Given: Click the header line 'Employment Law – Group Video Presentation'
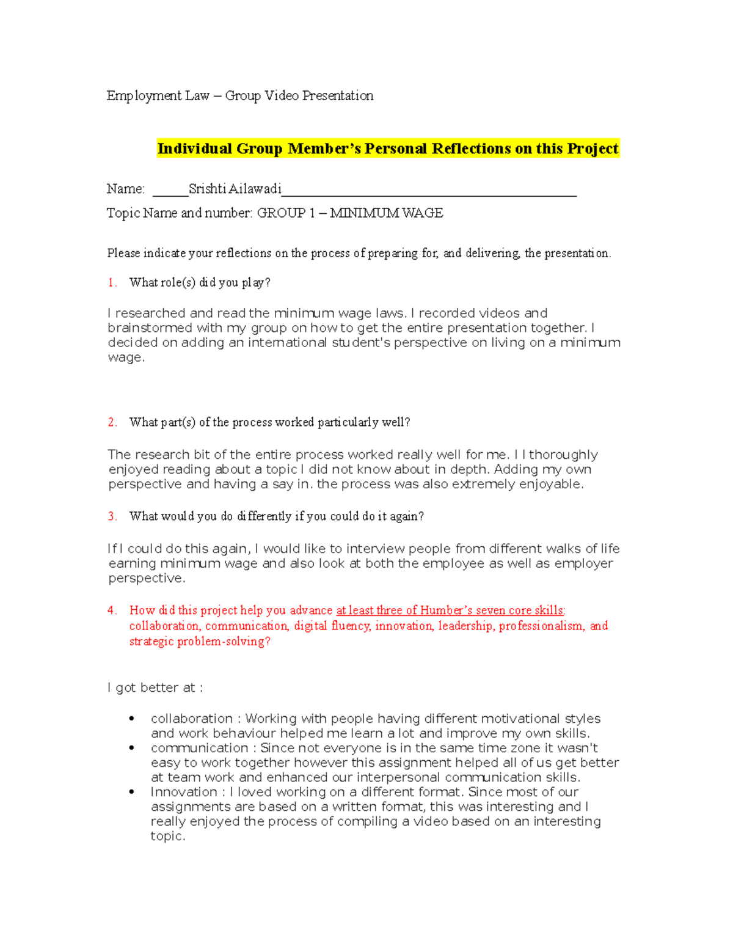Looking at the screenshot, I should (239, 96).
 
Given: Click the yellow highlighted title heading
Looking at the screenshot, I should (388, 148).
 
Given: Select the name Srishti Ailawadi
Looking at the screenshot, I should (235, 189).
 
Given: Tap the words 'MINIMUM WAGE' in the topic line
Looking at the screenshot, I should (386, 213).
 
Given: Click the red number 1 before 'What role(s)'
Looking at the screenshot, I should (112, 283).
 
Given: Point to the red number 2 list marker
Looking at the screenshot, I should (112, 422).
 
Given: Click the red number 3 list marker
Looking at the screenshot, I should (112, 516).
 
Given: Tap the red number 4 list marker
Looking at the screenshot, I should (112, 610).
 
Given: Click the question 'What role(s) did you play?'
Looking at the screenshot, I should (200, 283).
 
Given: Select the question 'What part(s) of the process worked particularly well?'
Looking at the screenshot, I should (269, 422).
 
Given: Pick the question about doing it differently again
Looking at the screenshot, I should (276, 516).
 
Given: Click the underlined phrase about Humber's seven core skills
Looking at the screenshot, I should (450, 610).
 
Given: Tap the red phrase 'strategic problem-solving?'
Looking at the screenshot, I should (200, 642).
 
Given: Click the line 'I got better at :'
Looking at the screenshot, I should (155, 688).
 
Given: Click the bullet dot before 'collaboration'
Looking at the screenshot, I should (132, 719).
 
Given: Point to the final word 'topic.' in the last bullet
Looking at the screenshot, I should (168, 837).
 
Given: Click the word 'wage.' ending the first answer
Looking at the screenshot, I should (126, 358).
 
